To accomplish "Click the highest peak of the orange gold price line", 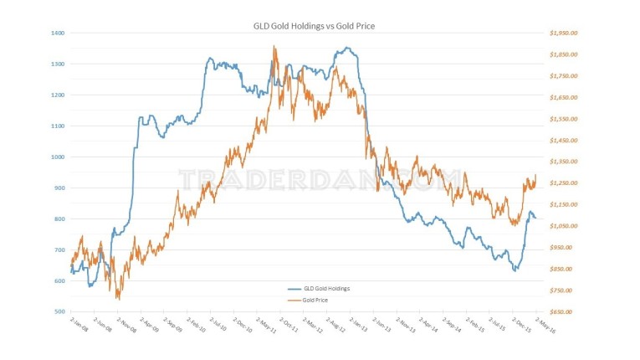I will point(274,47).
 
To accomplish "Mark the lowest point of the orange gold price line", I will point(118,299).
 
